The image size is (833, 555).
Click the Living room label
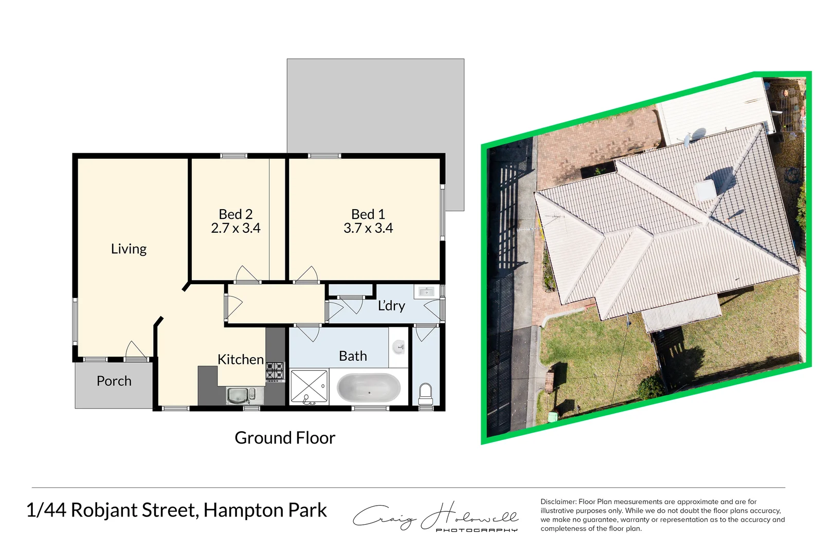point(129,249)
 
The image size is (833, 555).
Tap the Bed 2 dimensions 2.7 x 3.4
point(236,228)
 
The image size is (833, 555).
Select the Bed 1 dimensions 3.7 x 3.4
point(368,228)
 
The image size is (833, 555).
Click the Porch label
point(114,381)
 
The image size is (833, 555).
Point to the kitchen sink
point(238,396)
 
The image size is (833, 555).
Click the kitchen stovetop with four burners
point(275,371)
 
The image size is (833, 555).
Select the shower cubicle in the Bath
point(309,386)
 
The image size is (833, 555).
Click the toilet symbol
point(426,394)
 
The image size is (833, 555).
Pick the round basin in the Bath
point(399,348)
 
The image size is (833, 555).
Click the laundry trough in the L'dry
point(426,292)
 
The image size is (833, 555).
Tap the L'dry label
point(391,306)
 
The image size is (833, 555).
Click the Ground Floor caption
point(285,438)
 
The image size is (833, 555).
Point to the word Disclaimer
point(558,502)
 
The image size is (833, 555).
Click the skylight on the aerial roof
point(704,190)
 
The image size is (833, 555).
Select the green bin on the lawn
point(553,416)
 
